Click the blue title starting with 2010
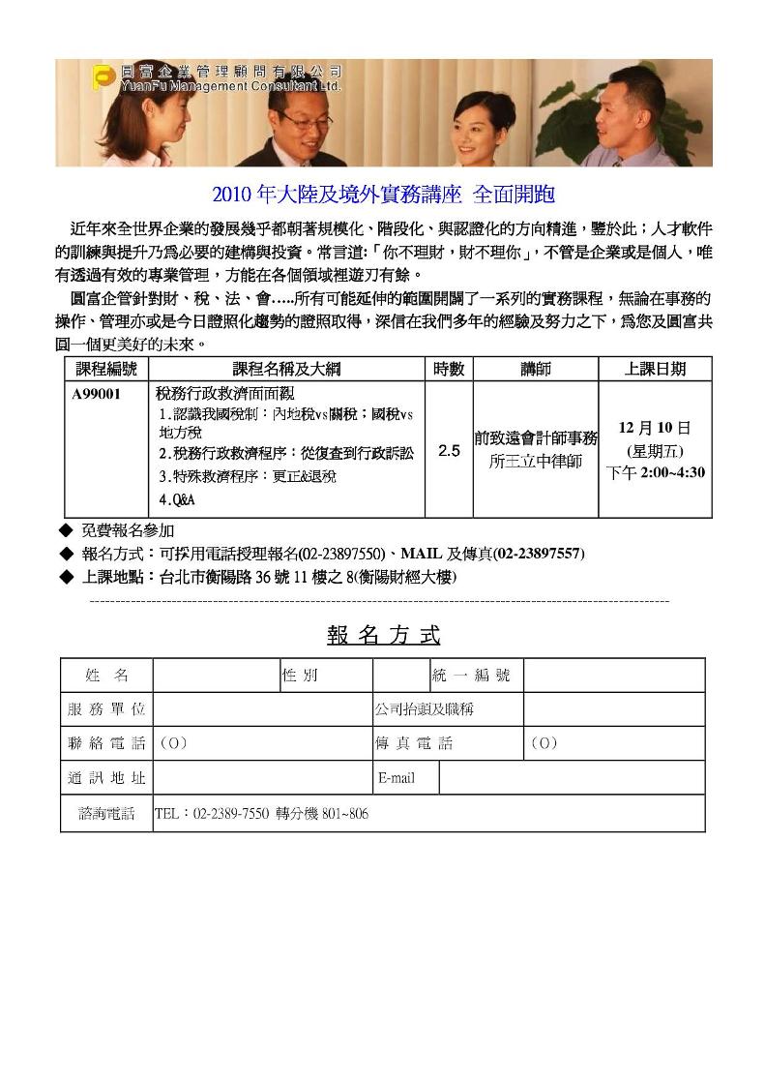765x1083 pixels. tap(383, 194)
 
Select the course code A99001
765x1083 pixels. tap(97, 394)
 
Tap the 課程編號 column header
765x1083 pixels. tap(106, 369)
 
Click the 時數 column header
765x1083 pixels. tap(449, 369)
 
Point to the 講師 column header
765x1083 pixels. tap(535, 369)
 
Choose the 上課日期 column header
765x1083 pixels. tap(656, 369)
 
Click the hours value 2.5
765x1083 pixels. tap(449, 451)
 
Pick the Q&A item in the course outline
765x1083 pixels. tap(177, 499)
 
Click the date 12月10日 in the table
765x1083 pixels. tap(655, 427)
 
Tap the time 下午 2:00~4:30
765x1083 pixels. tap(655, 472)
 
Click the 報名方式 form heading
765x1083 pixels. tap(383, 636)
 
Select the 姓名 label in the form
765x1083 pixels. tap(106, 675)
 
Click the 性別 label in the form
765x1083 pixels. tap(300, 675)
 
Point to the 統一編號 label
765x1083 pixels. tap(471, 675)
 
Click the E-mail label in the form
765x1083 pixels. tap(397, 777)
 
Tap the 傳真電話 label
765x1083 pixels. tap(414, 743)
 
